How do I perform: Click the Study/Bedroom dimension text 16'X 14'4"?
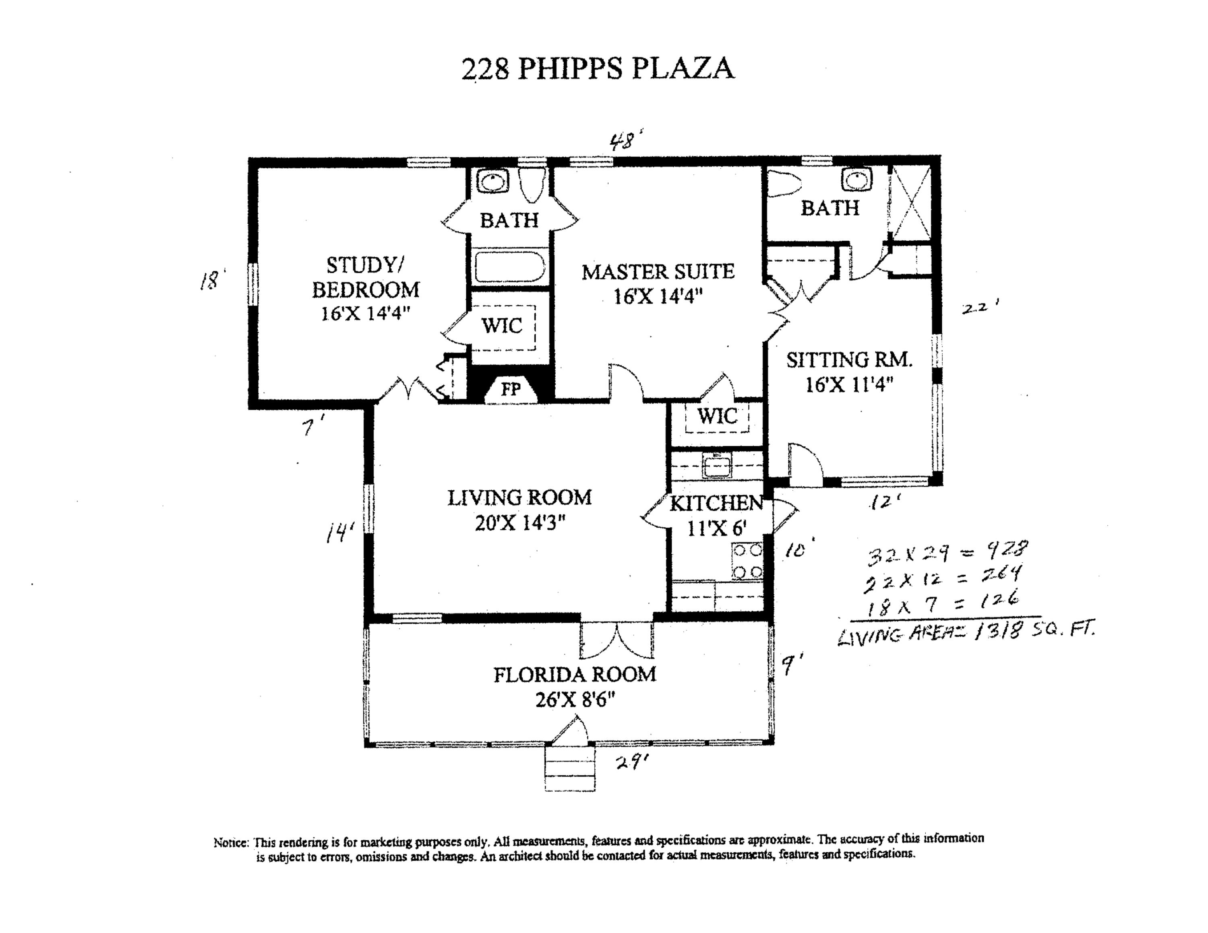tap(366, 314)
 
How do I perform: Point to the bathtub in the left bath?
tap(509, 267)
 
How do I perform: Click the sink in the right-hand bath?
tap(856, 179)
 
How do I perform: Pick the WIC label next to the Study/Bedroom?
tap(502, 326)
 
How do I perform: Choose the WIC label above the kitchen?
tap(717, 416)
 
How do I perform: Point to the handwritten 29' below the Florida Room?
tap(631, 763)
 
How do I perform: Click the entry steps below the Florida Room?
tap(570, 768)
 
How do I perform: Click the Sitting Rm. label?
tap(849, 360)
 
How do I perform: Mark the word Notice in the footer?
tap(231, 843)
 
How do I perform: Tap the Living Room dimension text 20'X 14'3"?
tap(519, 522)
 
